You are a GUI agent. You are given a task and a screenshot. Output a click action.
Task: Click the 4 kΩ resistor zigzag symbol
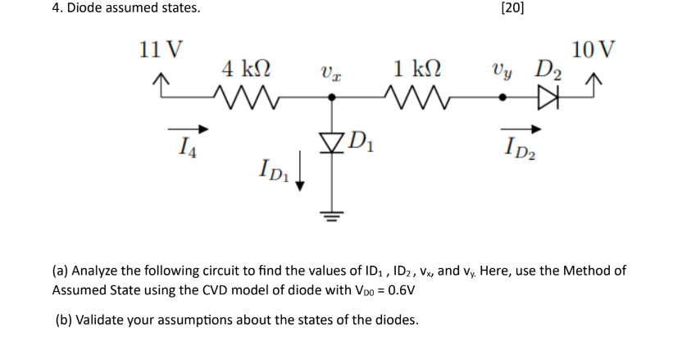tap(248, 98)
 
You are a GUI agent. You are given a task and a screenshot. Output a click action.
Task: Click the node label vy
tap(502, 70)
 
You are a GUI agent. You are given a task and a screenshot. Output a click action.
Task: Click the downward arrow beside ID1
tap(300, 175)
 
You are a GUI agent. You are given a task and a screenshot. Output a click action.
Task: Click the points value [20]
tap(512, 9)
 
